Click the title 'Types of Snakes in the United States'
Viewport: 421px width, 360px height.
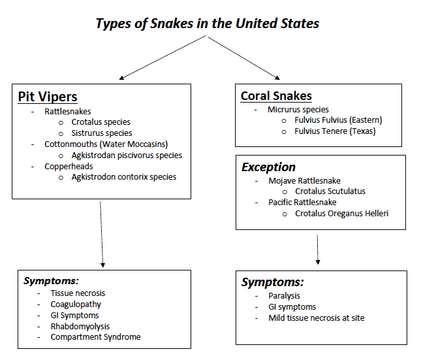tap(208, 24)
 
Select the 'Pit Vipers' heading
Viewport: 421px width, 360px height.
tap(48, 97)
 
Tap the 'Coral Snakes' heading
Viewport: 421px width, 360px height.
tap(276, 96)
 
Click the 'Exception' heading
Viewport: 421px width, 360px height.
tap(268, 167)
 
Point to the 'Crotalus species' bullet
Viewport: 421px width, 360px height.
tap(101, 122)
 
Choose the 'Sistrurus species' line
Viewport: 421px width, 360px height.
tap(102, 133)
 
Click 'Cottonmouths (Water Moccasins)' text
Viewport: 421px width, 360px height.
tap(106, 144)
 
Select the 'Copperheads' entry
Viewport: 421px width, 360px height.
tap(69, 167)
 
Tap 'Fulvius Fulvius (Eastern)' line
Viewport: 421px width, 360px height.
tap(338, 120)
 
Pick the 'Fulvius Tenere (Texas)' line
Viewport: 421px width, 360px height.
tap(335, 131)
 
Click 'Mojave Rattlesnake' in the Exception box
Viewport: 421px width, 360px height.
tap(304, 181)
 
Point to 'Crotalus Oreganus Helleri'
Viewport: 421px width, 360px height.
tap(342, 214)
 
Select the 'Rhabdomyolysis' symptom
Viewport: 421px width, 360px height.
tap(80, 327)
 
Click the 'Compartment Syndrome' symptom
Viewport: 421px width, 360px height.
tap(95, 337)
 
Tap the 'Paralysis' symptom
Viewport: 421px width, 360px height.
tap(284, 296)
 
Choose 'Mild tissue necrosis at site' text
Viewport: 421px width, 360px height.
tap(317, 318)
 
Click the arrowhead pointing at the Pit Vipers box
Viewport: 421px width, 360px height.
tap(121, 78)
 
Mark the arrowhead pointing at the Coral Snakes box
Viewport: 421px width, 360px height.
tap(277, 78)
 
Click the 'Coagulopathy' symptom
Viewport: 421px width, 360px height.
tap(76, 304)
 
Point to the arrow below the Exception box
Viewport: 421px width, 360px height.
tap(318, 250)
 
